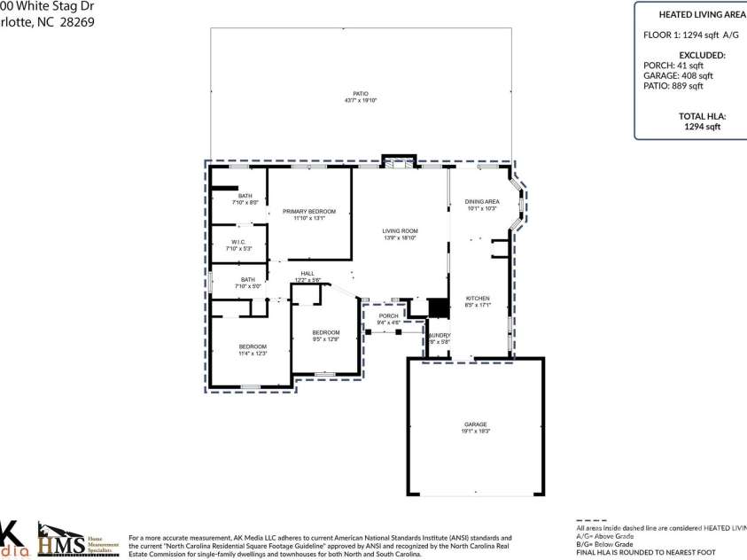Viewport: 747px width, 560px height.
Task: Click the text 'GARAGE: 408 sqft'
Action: click(678, 75)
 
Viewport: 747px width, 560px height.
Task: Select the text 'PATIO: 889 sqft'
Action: click(673, 86)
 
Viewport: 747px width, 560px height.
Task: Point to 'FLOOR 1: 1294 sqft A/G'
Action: click(690, 35)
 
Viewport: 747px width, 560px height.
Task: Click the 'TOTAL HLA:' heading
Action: click(702, 116)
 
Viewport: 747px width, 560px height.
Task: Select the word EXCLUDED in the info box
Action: click(702, 55)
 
